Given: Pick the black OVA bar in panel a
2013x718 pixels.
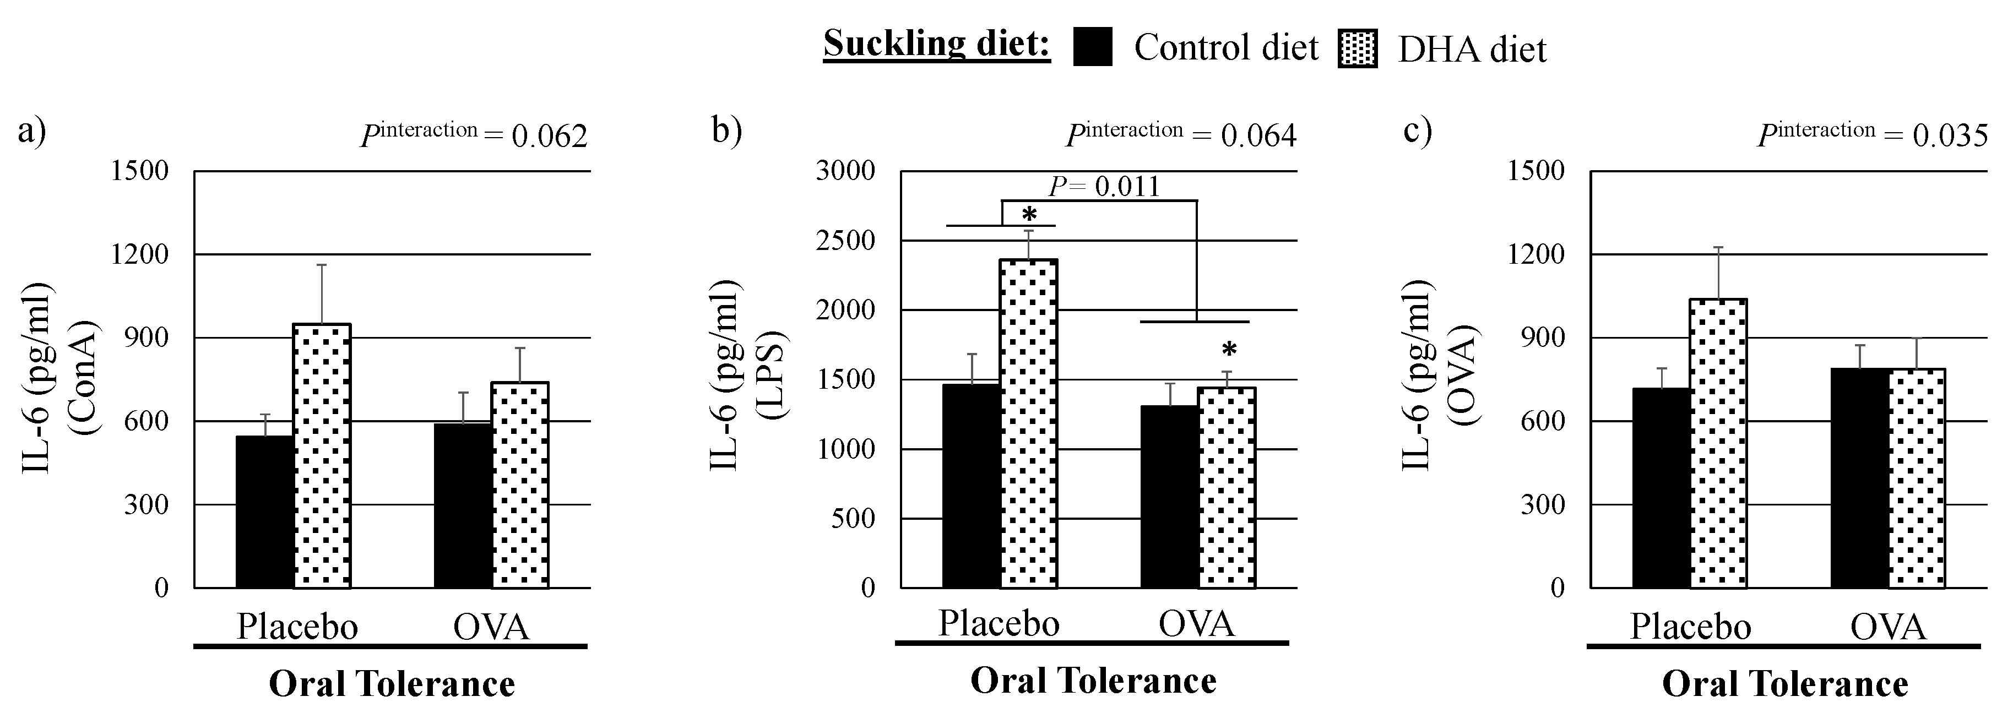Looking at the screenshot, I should pyautogui.click(x=463, y=505).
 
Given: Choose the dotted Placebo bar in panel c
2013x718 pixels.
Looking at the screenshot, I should pyautogui.click(x=1718, y=443).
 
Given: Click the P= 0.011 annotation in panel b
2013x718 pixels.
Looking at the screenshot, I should pyautogui.click(x=1103, y=187).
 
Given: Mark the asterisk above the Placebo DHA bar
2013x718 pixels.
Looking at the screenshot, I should pyautogui.click(x=1030, y=215).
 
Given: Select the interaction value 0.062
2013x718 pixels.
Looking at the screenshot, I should pyautogui.click(x=549, y=137).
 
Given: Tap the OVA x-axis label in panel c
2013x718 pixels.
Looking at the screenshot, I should pyautogui.click(x=1887, y=627).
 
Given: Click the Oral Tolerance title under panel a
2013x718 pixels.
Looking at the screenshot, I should pyautogui.click(x=392, y=684).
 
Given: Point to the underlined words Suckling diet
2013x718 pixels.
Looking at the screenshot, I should pyautogui.click(x=936, y=43).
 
